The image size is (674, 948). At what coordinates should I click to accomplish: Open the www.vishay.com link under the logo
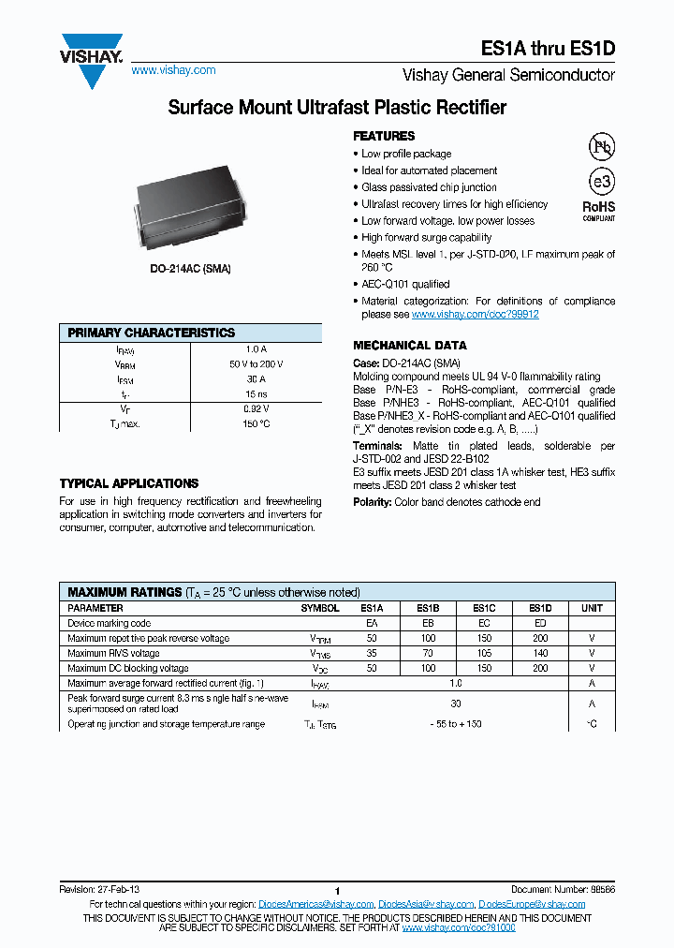(x=173, y=70)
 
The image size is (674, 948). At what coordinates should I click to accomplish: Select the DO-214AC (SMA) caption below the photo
(x=191, y=269)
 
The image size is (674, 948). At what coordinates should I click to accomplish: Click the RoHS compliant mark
(x=599, y=210)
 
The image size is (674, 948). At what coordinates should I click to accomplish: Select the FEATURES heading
(x=384, y=136)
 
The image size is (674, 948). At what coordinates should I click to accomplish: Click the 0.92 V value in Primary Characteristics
(x=256, y=409)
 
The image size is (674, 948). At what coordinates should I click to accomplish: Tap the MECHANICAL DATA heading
(x=409, y=345)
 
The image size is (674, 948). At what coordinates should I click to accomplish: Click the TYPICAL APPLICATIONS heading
(x=129, y=483)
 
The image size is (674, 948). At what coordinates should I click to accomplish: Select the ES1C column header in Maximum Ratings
(x=484, y=608)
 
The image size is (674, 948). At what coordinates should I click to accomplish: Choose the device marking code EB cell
(x=428, y=623)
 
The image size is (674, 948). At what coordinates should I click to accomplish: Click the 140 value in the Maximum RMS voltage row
(x=540, y=653)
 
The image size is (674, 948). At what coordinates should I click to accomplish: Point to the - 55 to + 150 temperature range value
(x=456, y=724)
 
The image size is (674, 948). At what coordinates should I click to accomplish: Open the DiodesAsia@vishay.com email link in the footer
(x=425, y=904)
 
